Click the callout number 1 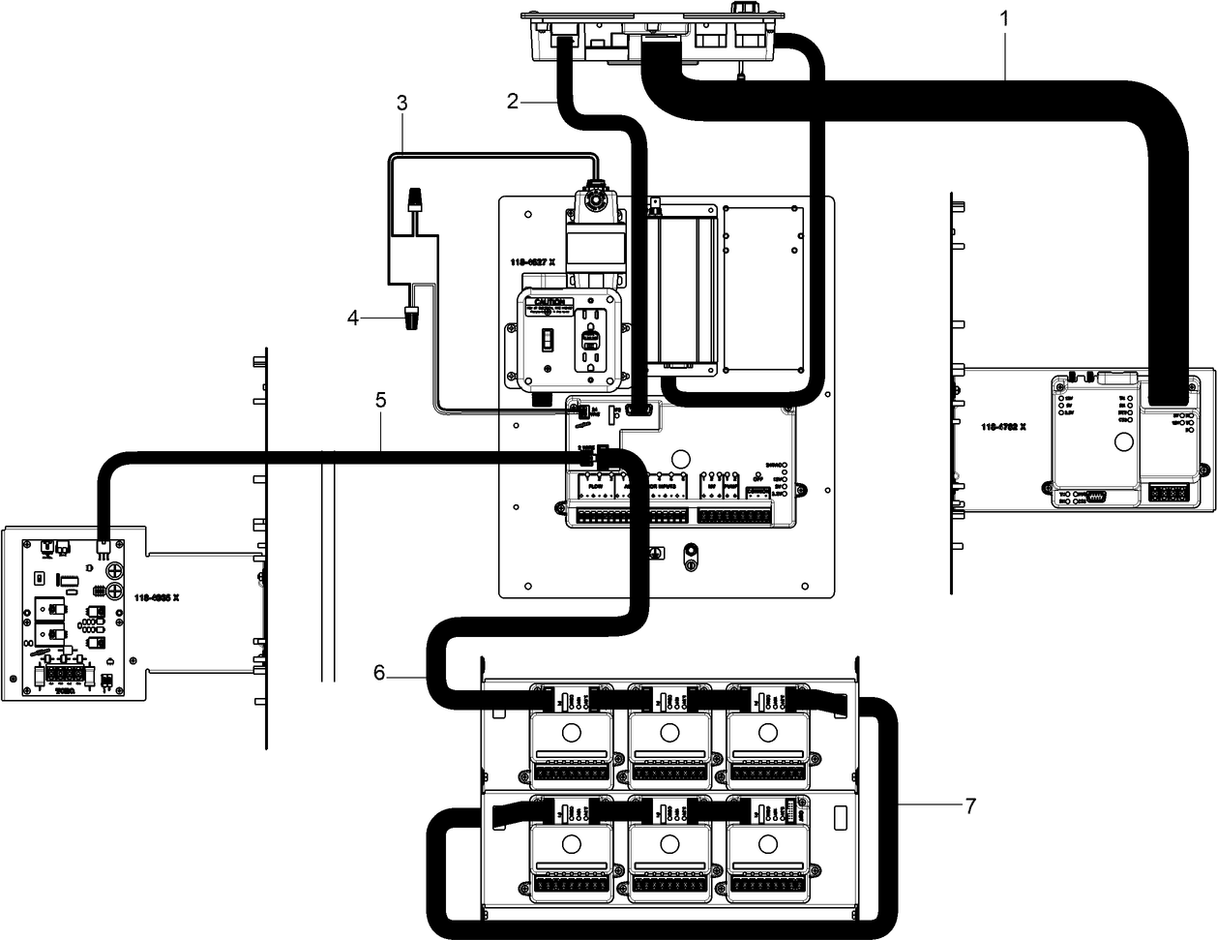pyautogui.click(x=1004, y=16)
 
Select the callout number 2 pyautogui.click(x=514, y=100)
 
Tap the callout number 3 pyautogui.click(x=401, y=102)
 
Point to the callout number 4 pyautogui.click(x=354, y=317)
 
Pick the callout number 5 pyautogui.click(x=381, y=398)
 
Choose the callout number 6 pyautogui.click(x=379, y=672)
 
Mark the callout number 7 pyautogui.click(x=969, y=805)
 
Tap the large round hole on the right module pyautogui.click(x=1123, y=444)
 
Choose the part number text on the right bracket pyautogui.click(x=1003, y=426)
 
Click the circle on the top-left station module pyautogui.click(x=571, y=732)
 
